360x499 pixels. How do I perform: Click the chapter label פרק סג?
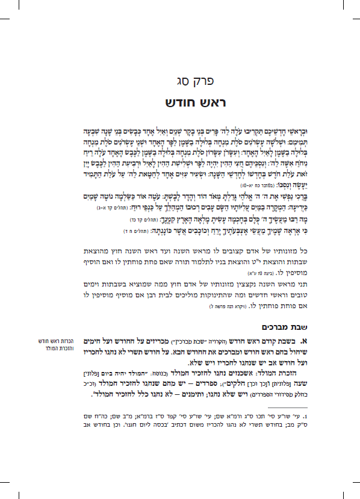coord(180,79)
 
